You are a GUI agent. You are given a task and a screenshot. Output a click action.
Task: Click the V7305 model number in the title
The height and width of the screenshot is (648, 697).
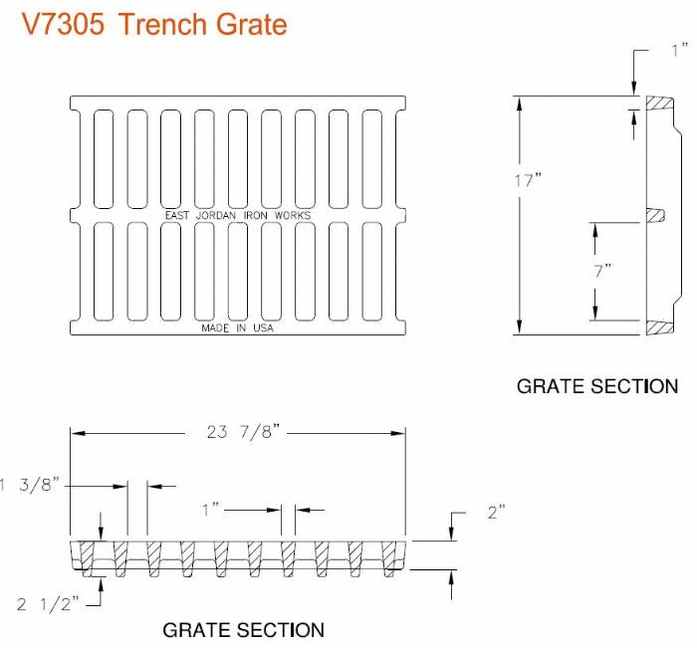click(x=63, y=23)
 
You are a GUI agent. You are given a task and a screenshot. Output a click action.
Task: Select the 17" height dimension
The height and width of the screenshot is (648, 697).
click(x=527, y=181)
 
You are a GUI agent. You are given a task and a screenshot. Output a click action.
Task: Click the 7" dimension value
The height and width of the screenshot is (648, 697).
click(x=602, y=270)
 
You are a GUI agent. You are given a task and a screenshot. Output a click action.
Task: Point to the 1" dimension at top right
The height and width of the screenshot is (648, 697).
click(x=678, y=49)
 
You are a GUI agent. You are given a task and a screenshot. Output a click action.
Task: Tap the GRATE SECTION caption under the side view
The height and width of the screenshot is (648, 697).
click(x=596, y=386)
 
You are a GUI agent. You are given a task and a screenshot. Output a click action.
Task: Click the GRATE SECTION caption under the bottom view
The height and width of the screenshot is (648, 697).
click(x=243, y=630)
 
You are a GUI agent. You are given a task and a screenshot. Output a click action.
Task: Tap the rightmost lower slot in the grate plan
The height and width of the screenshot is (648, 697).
click(x=372, y=270)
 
